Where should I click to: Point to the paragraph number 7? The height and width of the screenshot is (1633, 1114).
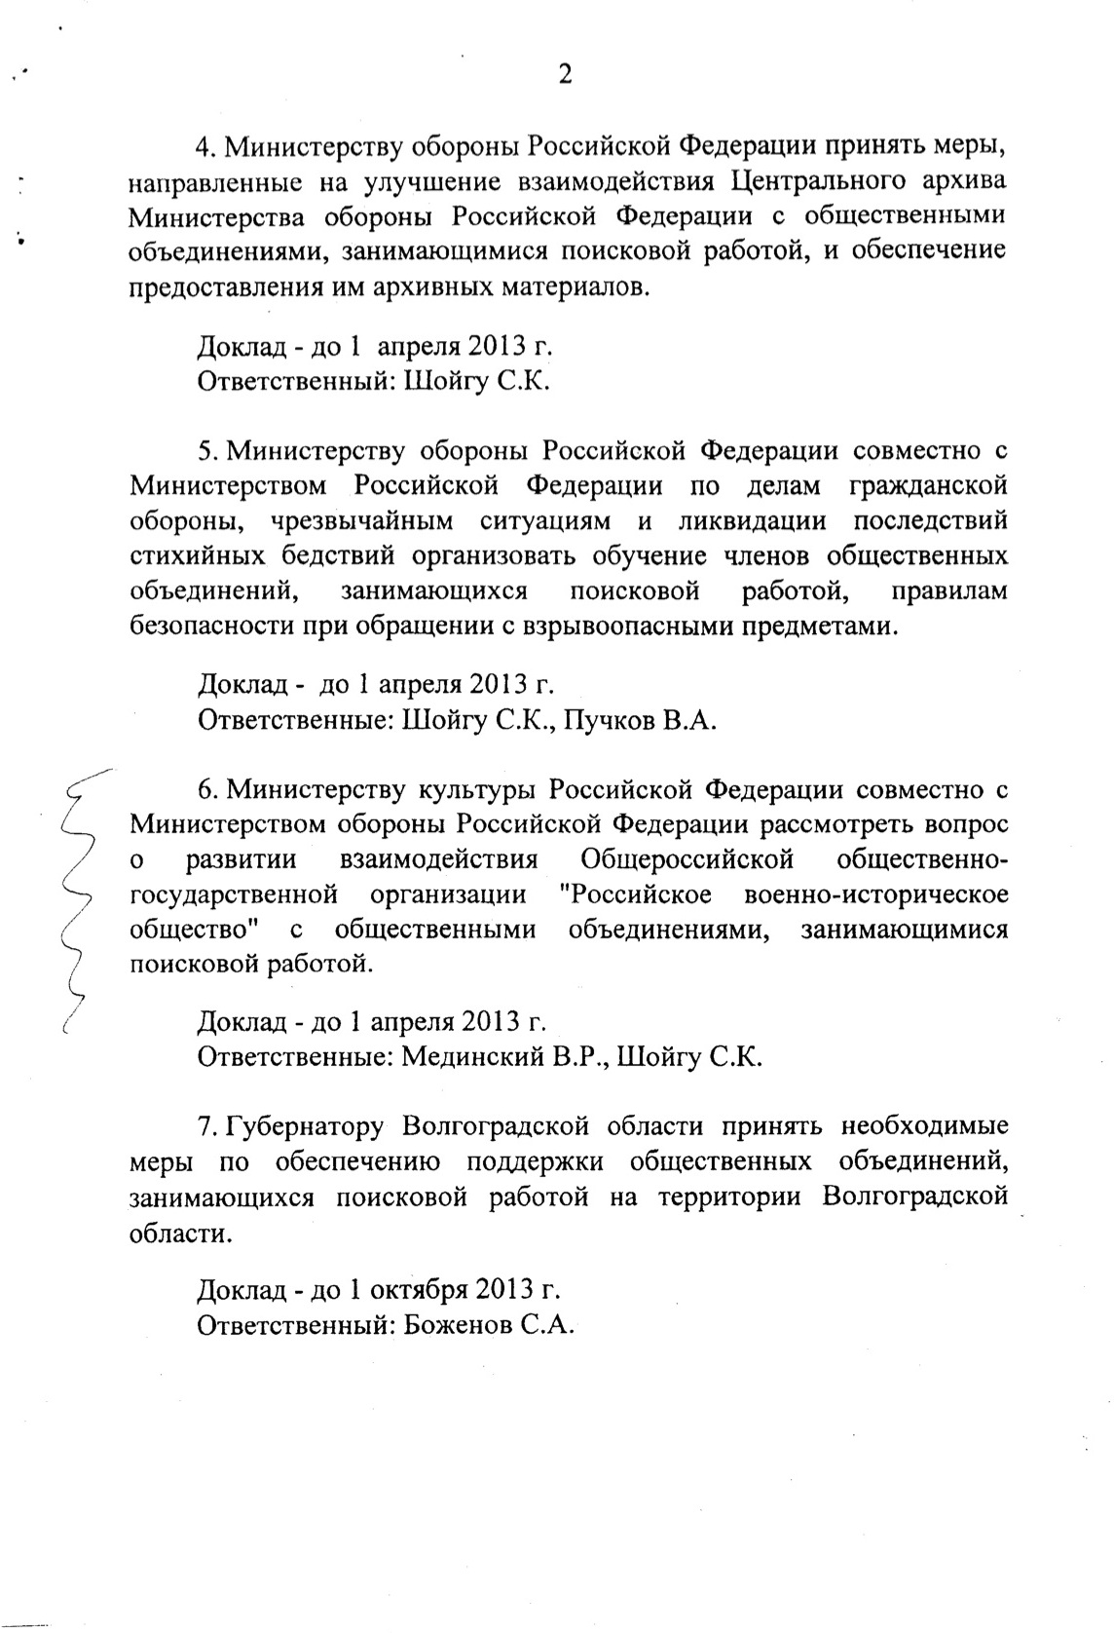coord(204,1126)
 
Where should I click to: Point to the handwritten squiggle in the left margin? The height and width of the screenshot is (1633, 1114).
coord(78,896)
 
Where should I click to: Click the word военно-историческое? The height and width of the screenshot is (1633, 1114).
coord(875,894)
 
